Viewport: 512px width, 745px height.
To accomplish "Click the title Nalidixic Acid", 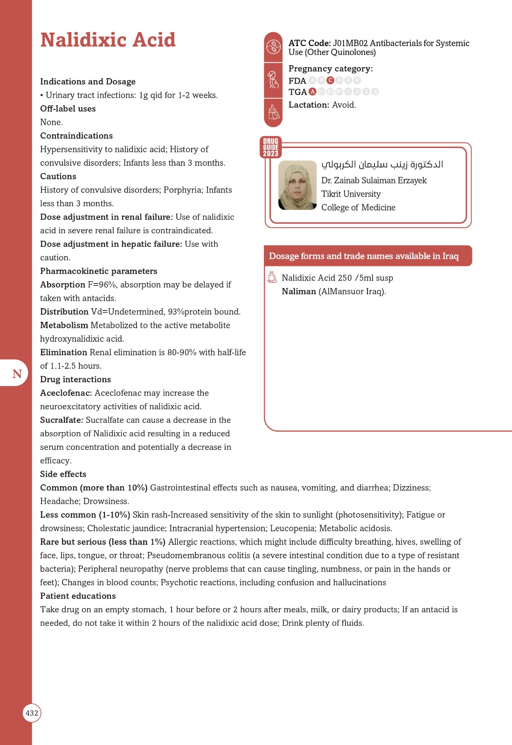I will pyautogui.click(x=108, y=40).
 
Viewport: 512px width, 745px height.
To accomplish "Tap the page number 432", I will pyautogui.click(x=32, y=713).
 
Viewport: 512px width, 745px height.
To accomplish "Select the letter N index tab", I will pyautogui.click(x=17, y=373).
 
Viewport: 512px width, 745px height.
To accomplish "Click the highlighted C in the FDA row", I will pyautogui.click(x=330, y=80).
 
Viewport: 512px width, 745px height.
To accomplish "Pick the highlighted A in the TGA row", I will pyautogui.click(x=312, y=91).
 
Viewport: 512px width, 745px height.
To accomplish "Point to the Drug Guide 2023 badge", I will pyautogui.click(x=270, y=147).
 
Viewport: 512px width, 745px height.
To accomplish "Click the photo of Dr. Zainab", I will pyautogui.click(x=298, y=185).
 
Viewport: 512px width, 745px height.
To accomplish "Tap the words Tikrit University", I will pyautogui.click(x=351, y=194).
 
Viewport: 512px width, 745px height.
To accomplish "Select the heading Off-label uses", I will pyautogui.click(x=68, y=108).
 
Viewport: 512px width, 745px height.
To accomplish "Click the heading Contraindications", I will pyautogui.click(x=76, y=135).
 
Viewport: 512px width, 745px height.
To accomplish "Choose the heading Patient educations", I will pyautogui.click(x=78, y=596).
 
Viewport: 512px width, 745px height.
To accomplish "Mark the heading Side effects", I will pyautogui.click(x=63, y=474).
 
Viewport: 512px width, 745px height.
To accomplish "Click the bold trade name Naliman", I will pyautogui.click(x=299, y=291).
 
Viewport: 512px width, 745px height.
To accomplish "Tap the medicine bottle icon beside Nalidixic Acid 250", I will pyautogui.click(x=272, y=277).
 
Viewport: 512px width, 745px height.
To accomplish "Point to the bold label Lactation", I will pyautogui.click(x=309, y=105).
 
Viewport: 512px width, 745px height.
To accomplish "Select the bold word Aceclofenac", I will pyautogui.click(x=66, y=393).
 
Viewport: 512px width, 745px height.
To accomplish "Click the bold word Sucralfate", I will pyautogui.click(x=62, y=420).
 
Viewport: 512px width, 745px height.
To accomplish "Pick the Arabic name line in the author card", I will pyautogui.click(x=382, y=164).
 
